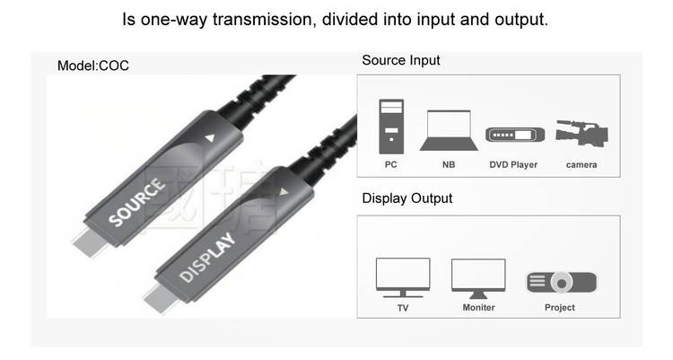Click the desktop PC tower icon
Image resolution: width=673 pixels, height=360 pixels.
(390, 126)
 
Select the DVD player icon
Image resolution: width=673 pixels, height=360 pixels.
(514, 136)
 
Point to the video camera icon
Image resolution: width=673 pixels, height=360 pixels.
(580, 135)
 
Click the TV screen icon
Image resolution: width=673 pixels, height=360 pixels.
(401, 276)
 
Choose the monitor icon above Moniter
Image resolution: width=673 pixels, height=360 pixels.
(477, 276)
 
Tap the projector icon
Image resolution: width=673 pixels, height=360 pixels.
(561, 282)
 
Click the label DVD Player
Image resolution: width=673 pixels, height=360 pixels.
(513, 165)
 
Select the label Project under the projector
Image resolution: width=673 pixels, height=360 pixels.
(560, 308)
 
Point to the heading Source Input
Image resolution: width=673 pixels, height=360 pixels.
(400, 61)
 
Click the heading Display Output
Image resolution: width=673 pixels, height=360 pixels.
(406, 198)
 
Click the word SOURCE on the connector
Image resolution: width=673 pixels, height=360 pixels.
(137, 202)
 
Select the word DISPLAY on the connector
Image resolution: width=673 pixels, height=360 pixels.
(207, 258)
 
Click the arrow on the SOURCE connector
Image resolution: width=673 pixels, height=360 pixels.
(210, 138)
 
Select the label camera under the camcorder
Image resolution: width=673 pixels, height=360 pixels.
(581, 165)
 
